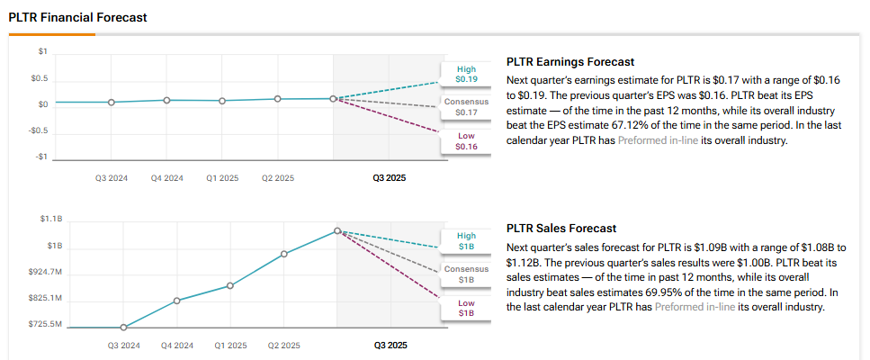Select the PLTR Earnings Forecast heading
[570, 62]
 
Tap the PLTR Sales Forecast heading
[562, 229]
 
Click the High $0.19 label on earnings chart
[466, 75]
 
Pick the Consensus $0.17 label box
[466, 107]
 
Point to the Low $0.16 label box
[466, 141]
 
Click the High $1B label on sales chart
[466, 241]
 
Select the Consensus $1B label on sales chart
[466, 274]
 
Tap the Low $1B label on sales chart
[466, 308]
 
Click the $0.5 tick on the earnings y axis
[39, 79]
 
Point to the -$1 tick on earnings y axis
[40, 157]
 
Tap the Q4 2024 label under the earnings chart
[166, 178]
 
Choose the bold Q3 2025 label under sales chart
[390, 345]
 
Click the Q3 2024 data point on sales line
[123, 328]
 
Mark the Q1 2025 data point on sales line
[230, 285]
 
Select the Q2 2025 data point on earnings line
[278, 98]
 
